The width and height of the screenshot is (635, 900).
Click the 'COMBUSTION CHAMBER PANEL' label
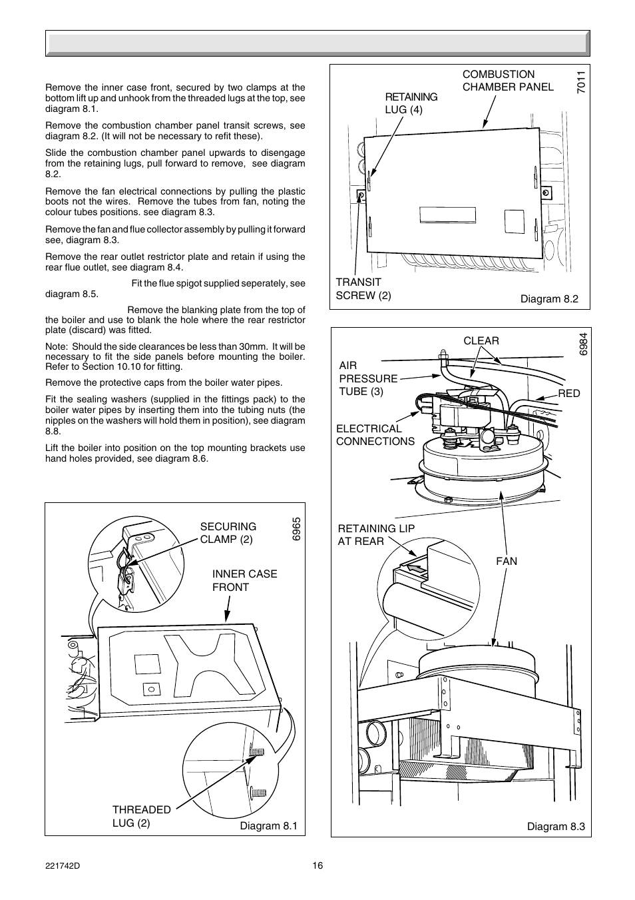[x=507, y=81]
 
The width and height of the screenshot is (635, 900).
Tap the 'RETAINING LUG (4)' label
[x=411, y=103]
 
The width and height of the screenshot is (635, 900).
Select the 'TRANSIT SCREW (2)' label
[x=363, y=288]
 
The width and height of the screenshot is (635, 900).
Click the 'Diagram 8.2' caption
[x=549, y=298]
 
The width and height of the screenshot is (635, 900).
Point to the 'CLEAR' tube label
[x=481, y=340]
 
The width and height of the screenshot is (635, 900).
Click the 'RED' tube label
[x=569, y=393]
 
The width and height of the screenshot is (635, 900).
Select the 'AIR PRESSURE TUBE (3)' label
[x=367, y=378]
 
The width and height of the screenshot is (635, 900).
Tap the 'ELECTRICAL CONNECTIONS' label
[x=375, y=435]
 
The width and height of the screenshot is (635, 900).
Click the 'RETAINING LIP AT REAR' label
[x=375, y=535]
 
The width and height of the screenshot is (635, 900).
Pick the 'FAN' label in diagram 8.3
[x=506, y=561]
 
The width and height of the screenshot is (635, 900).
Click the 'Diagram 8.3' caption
[x=556, y=826]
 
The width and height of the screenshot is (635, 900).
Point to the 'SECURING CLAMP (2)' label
[x=228, y=533]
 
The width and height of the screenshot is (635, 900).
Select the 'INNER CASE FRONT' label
[x=244, y=580]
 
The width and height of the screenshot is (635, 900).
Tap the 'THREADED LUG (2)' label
[x=141, y=816]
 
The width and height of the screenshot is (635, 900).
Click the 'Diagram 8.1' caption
[x=268, y=825]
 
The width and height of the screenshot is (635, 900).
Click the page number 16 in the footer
[x=317, y=865]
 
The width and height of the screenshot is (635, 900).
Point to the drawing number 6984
[x=583, y=344]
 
